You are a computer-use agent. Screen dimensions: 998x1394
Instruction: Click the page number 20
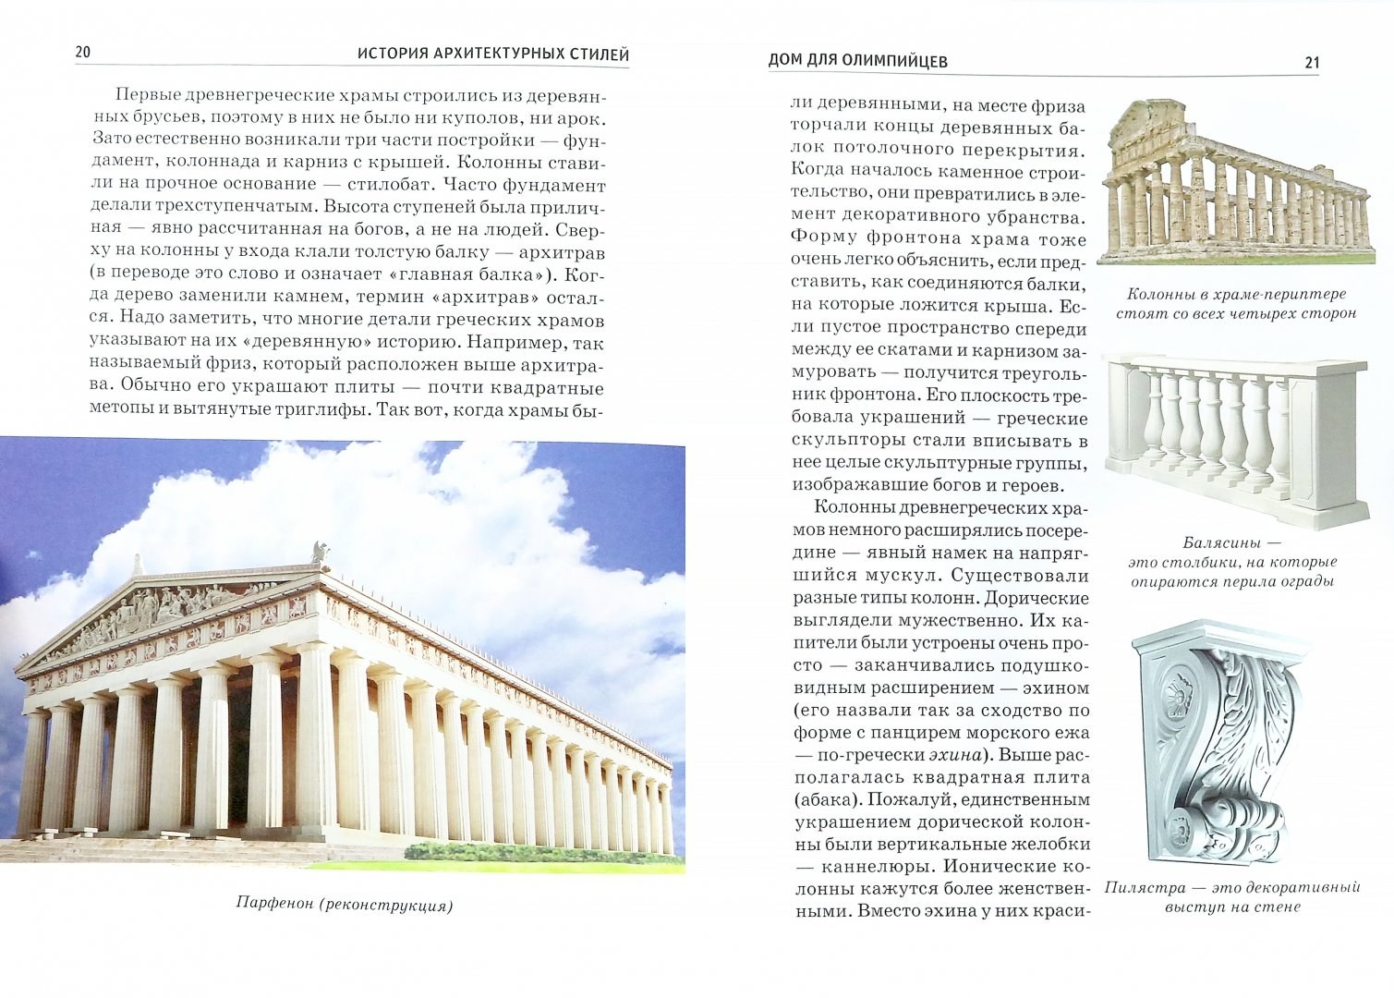click(x=83, y=53)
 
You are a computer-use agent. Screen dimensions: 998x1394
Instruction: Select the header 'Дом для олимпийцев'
click(x=857, y=62)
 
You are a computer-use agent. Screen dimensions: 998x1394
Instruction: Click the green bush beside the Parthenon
click(x=462, y=851)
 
